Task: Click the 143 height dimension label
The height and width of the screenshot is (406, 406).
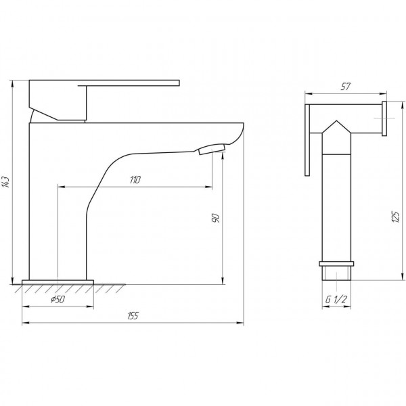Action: [6, 183]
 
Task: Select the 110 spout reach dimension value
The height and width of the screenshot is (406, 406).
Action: [134, 179]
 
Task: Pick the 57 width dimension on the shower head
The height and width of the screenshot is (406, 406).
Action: [346, 86]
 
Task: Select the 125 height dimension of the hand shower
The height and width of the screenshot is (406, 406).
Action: [397, 216]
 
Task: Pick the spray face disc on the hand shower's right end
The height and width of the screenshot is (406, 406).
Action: [384, 121]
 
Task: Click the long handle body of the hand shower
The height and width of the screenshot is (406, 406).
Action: [336, 203]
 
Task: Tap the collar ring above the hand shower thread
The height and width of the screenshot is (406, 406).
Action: [336, 263]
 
